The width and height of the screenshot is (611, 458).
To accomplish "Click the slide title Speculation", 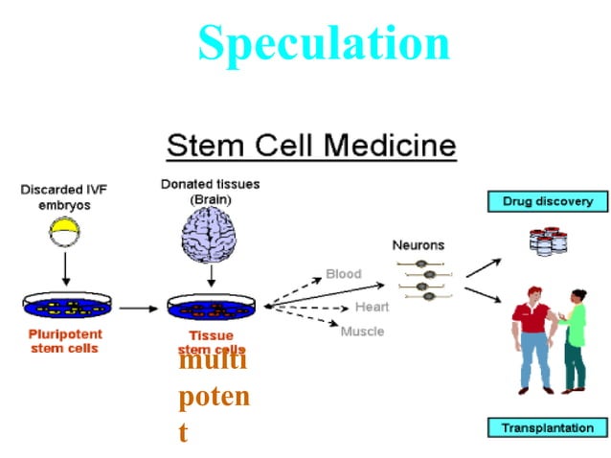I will (x=323, y=42).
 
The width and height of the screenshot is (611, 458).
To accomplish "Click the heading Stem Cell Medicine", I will (x=311, y=146).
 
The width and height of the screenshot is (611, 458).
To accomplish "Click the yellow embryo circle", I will (x=64, y=228).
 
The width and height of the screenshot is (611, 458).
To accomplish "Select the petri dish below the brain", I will (x=212, y=308).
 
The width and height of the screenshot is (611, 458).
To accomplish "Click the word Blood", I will (x=344, y=274).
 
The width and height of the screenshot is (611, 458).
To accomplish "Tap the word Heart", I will (x=372, y=307).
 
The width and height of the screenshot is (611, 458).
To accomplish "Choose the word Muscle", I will (x=362, y=332).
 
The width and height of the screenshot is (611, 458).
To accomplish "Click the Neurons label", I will (x=419, y=245).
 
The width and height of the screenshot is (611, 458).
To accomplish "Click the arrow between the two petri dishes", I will (x=139, y=309).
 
